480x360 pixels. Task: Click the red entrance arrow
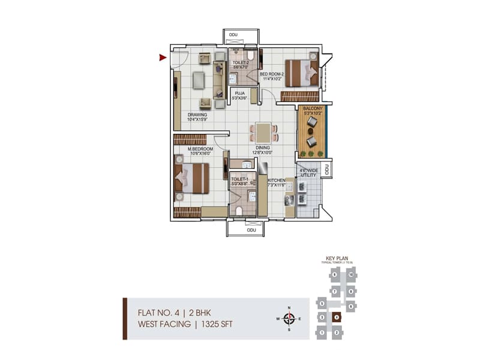[x=163, y=58]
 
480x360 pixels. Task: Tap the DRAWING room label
[x=197, y=115]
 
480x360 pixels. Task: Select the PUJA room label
[x=240, y=93]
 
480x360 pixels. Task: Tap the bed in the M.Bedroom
[x=191, y=178]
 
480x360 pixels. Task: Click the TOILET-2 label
[x=242, y=62]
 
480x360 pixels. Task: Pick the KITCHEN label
[x=277, y=180]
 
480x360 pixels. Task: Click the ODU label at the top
[x=233, y=35]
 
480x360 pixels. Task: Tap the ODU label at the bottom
[x=251, y=229]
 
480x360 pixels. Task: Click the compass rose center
[x=289, y=318]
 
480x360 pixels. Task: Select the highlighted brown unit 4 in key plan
[x=337, y=317]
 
